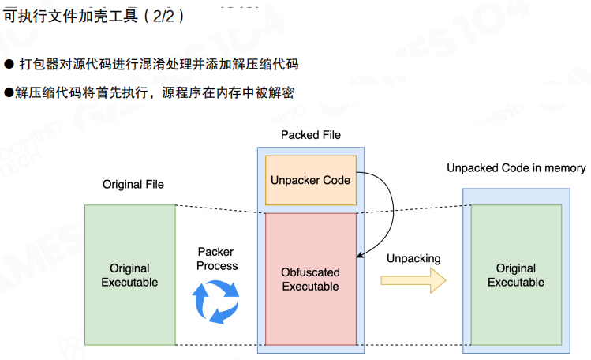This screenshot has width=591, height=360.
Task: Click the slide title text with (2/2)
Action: point(94,15)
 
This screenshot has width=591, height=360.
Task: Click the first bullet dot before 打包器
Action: point(9,64)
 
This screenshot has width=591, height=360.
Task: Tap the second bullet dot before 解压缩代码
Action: point(9,93)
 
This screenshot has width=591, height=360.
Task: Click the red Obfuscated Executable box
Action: point(310,278)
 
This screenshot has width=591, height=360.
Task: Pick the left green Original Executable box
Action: point(129,275)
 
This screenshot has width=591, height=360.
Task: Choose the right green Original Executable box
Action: point(516,275)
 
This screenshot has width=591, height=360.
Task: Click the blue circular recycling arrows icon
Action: point(216,300)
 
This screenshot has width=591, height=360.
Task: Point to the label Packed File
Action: point(311,135)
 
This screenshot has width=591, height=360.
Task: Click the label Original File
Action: point(133,184)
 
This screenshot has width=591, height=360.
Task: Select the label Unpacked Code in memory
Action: point(516,167)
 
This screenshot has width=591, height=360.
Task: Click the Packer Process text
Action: point(217,258)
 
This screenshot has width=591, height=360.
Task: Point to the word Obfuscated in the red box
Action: point(310,272)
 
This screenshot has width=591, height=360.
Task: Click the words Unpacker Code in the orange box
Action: point(310,180)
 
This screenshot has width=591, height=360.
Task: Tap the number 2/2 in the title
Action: point(167,15)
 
